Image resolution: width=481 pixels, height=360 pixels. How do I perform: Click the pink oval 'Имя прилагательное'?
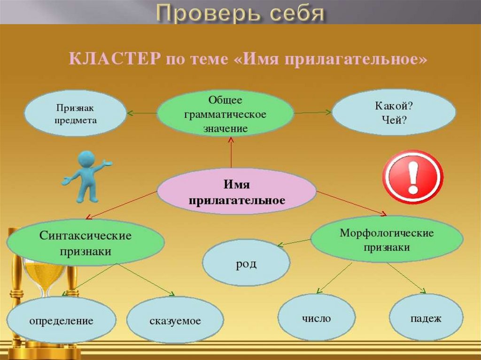(x=237, y=191)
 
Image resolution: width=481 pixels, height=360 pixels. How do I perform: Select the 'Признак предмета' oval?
(x=76, y=113)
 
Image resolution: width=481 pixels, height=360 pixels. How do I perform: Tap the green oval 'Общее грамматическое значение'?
(x=225, y=114)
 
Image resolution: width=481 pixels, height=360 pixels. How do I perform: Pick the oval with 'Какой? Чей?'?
(x=394, y=112)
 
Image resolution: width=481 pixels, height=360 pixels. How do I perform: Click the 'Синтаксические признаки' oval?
(x=85, y=242)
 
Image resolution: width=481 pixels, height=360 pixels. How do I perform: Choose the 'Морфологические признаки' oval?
(x=387, y=239)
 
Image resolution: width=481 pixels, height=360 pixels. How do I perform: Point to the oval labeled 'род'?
(x=246, y=263)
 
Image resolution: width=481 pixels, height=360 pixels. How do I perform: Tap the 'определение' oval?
(x=62, y=320)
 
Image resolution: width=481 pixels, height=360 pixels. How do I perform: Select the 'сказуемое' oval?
(x=175, y=320)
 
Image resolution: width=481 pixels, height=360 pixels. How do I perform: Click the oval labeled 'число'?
(x=317, y=317)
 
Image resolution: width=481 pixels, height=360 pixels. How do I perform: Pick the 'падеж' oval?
(x=426, y=317)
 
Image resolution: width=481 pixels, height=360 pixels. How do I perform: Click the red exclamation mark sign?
(x=413, y=177)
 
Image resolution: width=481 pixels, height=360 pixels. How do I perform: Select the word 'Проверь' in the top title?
(x=208, y=14)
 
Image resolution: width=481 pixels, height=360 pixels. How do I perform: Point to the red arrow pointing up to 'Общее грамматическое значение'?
(x=231, y=153)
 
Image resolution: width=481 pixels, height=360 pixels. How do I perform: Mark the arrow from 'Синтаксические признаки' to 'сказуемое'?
(x=146, y=280)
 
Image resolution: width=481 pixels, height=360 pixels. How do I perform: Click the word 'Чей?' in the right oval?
(x=394, y=120)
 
